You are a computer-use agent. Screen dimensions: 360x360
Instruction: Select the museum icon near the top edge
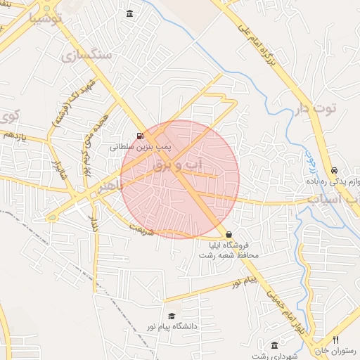point(130,13)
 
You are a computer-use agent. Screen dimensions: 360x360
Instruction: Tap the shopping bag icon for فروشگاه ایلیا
point(229,234)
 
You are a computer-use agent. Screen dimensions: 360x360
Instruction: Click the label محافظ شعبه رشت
point(228,255)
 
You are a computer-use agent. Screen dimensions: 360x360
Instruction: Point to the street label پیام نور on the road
point(247,283)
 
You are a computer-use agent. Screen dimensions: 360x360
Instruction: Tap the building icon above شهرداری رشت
point(274,345)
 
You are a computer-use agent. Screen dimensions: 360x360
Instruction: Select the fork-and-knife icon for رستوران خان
point(335,340)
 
